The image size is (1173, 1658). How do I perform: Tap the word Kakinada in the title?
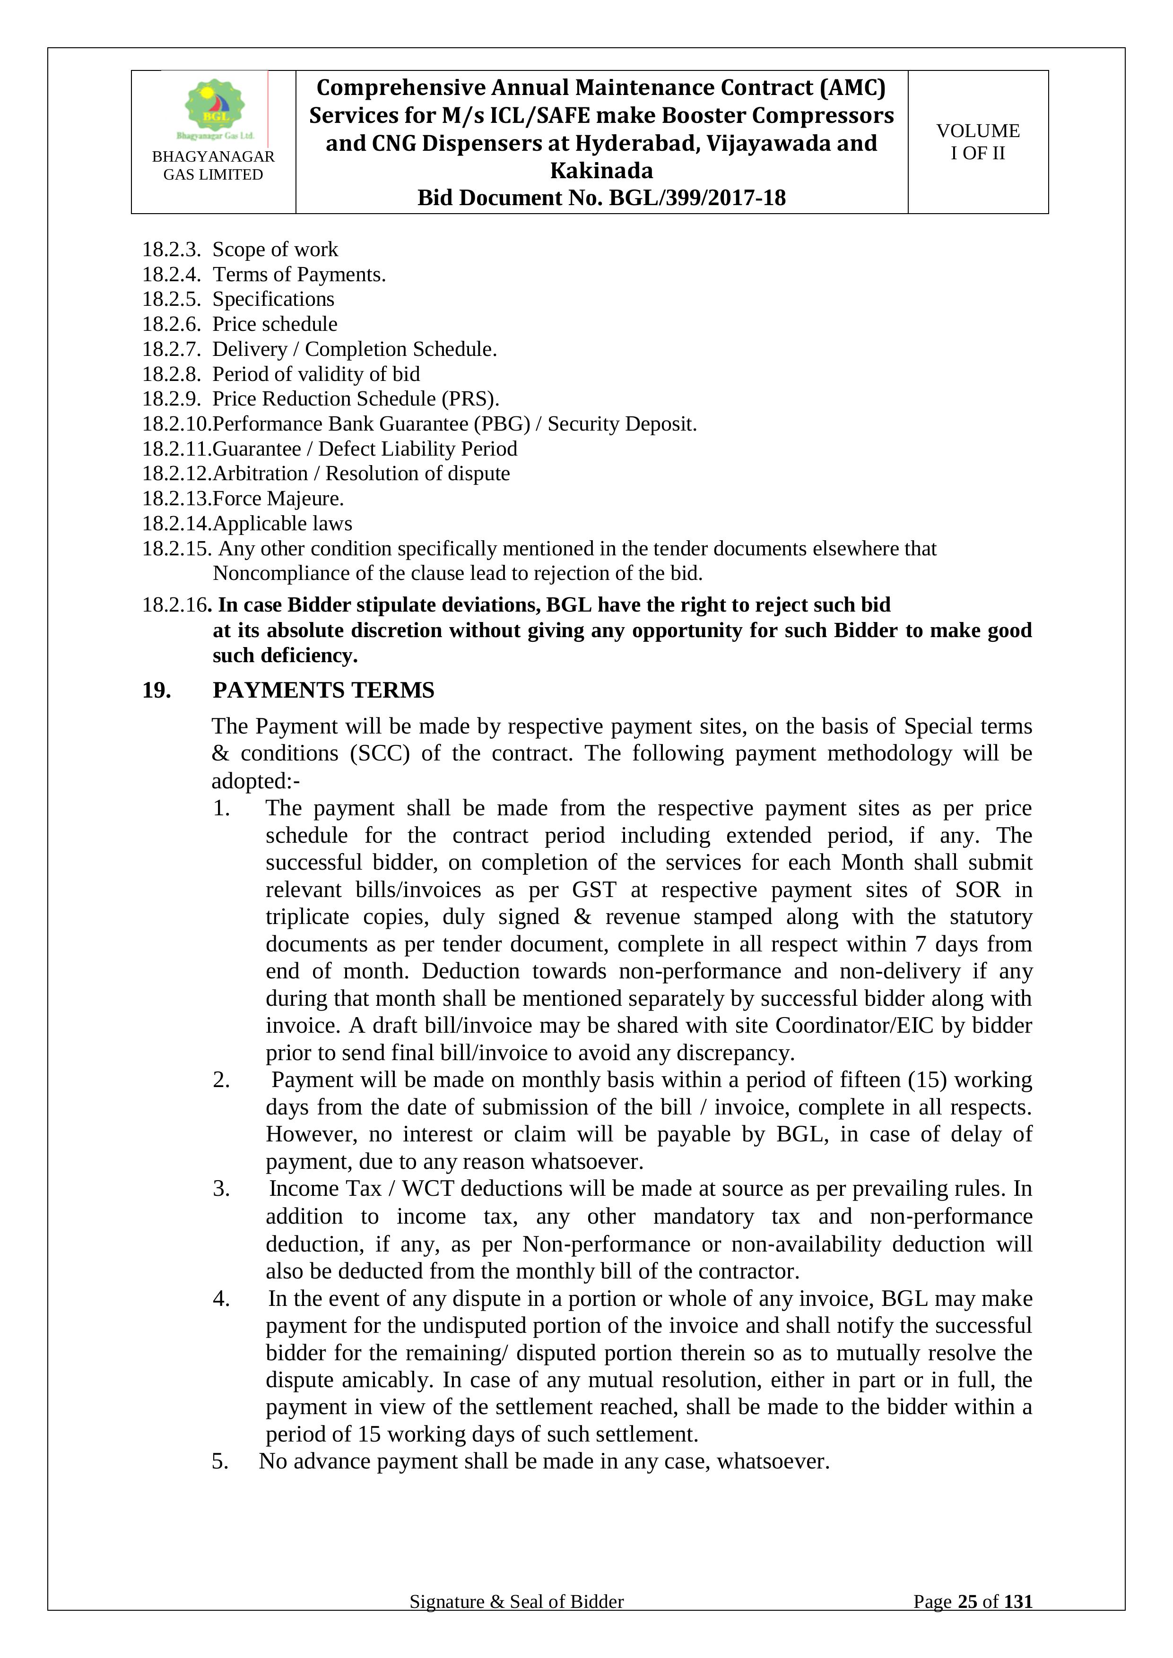601,171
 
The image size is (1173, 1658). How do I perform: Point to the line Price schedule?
275,324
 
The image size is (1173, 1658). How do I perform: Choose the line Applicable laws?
282,524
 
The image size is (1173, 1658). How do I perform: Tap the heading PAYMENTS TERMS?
323,691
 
